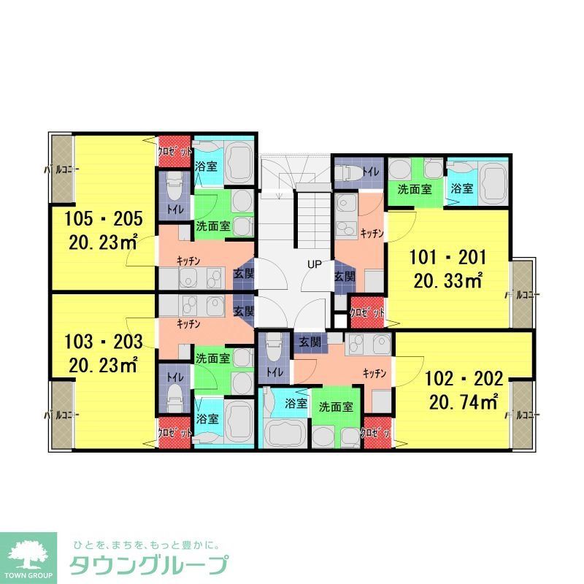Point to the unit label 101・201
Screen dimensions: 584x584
(447, 258)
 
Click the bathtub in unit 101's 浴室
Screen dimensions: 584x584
(493, 180)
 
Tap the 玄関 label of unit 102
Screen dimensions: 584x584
(310, 342)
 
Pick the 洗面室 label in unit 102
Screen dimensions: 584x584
(336, 407)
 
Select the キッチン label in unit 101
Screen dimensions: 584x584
(373, 233)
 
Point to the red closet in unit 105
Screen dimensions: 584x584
(175, 152)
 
